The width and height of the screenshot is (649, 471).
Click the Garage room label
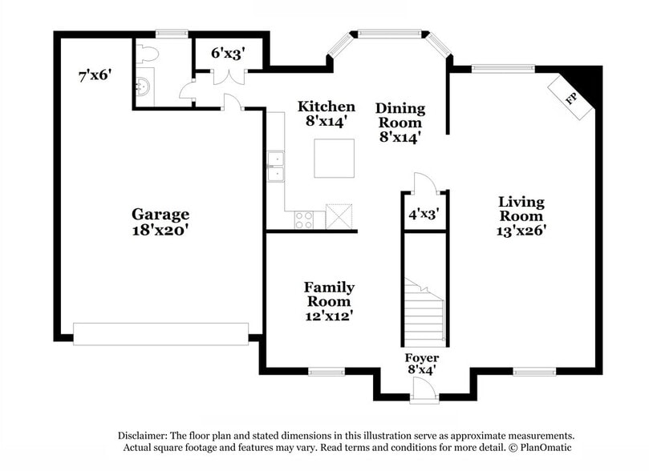(x=160, y=214)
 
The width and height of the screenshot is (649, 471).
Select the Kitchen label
(x=327, y=107)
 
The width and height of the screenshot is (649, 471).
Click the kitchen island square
(x=335, y=158)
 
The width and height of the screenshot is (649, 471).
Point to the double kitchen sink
(x=275, y=167)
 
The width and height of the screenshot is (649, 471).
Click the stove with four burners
(x=304, y=219)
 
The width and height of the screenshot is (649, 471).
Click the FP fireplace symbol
(x=573, y=99)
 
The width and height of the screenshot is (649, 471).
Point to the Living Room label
(x=521, y=208)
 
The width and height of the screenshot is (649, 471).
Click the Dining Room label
(x=400, y=115)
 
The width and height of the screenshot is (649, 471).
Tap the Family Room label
(x=329, y=294)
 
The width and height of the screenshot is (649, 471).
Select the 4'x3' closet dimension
(x=424, y=214)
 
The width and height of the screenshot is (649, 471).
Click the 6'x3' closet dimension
(x=228, y=54)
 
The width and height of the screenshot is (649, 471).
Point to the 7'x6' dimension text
(x=95, y=76)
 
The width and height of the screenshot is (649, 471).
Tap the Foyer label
(x=421, y=357)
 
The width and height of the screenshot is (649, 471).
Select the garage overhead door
(x=160, y=334)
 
